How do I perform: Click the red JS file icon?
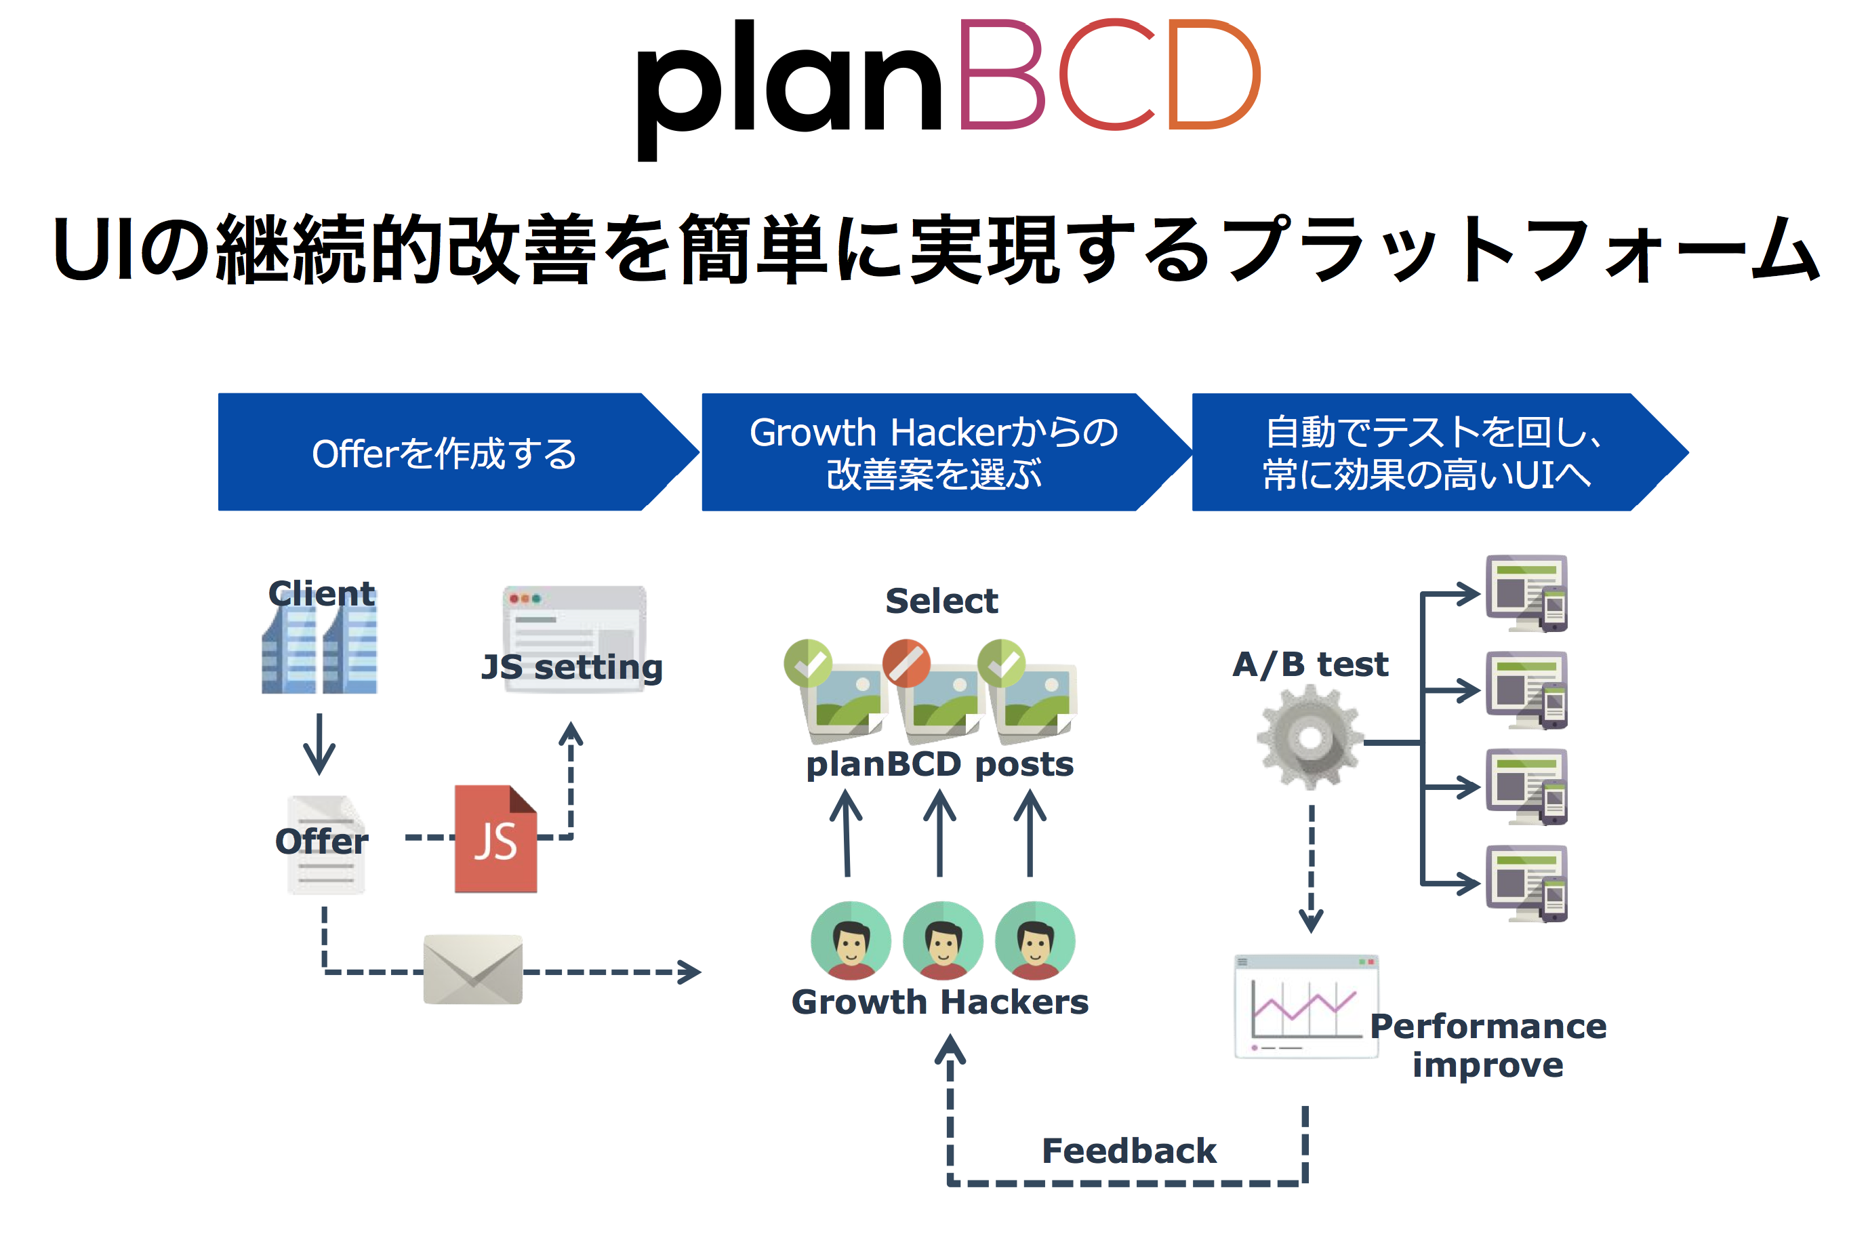click(495, 839)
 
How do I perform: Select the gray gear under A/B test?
click(1309, 738)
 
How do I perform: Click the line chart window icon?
click(1306, 1007)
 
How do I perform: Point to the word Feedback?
click(1129, 1151)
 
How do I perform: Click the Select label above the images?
click(941, 601)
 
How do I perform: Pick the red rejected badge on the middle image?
click(906, 662)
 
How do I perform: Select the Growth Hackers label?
click(939, 1002)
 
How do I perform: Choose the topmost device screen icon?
click(1526, 593)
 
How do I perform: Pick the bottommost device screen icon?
click(1526, 884)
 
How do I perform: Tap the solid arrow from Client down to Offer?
click(319, 745)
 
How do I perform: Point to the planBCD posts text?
click(939, 764)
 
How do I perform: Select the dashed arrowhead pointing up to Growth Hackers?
click(950, 1049)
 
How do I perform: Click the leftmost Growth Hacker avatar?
click(851, 940)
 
